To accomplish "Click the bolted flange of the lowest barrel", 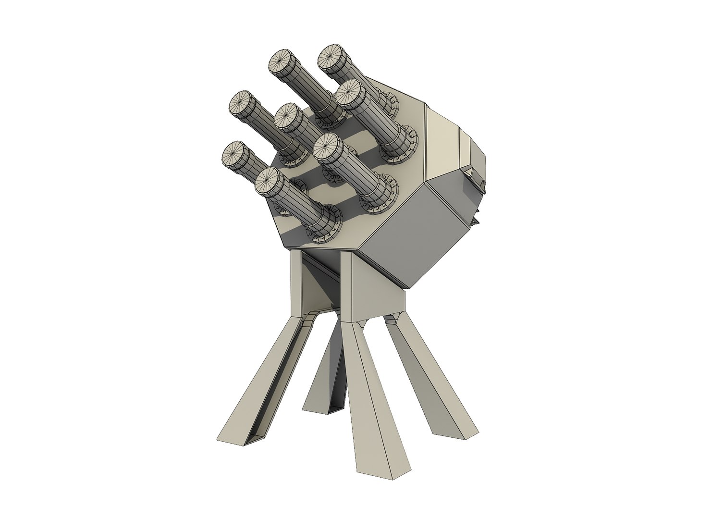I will point(321,225).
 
